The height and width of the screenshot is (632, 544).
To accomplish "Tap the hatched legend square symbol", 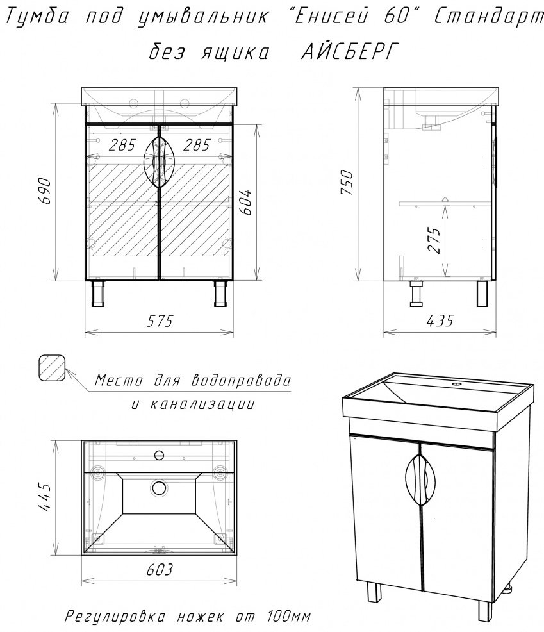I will pos(52,369).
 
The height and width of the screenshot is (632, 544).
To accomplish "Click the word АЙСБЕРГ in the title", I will pos(346,54).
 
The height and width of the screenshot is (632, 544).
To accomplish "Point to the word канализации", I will pos(203,404).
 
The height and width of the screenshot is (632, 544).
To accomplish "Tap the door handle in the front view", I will pos(158,162).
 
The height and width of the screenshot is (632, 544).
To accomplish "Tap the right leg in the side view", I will pos(483,294).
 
